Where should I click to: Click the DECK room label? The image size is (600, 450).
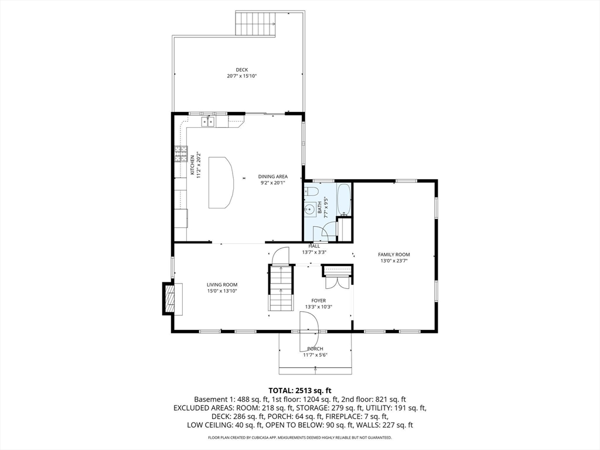242,70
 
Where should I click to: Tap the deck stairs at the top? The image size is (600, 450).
256,23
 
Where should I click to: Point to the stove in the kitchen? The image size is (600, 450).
179,154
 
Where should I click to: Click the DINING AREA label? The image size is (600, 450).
273,176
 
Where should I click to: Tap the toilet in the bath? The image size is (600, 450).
311,192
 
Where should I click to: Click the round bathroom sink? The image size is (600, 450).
310,209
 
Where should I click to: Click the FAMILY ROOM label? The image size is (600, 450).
394,254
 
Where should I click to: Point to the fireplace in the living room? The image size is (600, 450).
169,299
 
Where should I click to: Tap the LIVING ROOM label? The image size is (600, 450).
222,285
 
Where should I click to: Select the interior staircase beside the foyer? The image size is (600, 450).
281,288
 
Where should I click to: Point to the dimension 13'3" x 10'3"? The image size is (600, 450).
318,307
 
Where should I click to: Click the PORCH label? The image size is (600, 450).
315,349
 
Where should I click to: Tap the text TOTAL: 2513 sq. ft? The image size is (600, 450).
300,390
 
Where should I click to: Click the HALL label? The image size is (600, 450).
314,246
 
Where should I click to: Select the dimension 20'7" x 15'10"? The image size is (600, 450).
242,76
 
